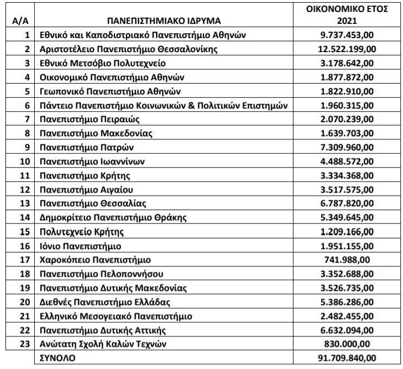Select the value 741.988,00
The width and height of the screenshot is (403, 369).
point(354,260)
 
